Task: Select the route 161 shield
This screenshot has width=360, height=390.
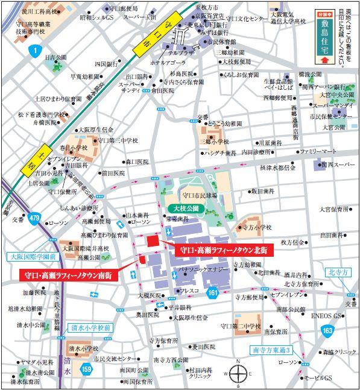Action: [x=212, y=292]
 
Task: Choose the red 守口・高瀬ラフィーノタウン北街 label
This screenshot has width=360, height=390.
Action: [x=224, y=248]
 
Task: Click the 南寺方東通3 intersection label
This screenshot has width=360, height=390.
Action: [x=271, y=350]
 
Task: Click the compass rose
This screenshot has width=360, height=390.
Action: [x=238, y=373]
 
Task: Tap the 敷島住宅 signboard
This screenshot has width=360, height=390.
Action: [x=325, y=36]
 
